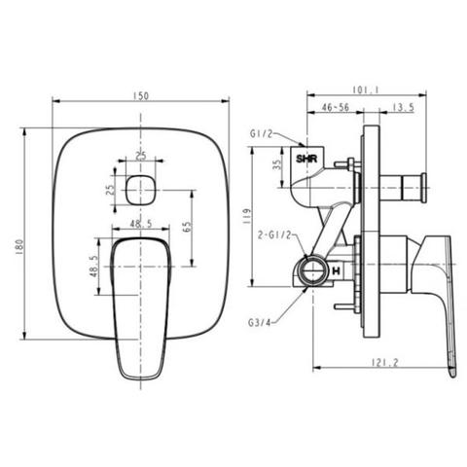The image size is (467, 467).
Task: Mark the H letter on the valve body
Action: pos(335,269)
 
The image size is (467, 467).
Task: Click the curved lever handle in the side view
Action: pos(439,292)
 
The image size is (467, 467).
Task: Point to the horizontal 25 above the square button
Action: pos(141,156)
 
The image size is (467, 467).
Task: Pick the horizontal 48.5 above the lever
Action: pos(141,223)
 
